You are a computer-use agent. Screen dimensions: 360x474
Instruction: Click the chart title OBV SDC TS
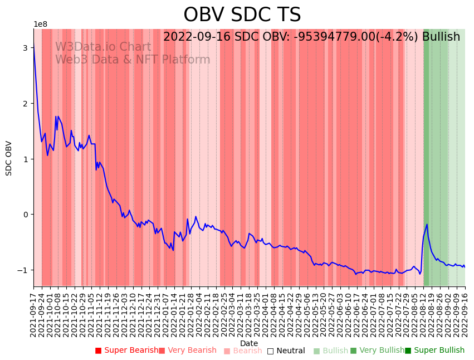[x=242, y=15]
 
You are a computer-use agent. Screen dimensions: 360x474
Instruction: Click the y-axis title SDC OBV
[x=9, y=158]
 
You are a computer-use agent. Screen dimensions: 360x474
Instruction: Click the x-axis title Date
[x=249, y=343]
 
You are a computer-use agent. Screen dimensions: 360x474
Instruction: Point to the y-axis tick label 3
[x=25, y=48]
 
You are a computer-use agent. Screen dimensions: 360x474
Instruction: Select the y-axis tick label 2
[x=25, y=104]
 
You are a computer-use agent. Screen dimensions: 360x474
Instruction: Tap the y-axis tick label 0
[x=25, y=215]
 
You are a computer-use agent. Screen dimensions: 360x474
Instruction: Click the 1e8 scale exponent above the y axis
[x=40, y=24]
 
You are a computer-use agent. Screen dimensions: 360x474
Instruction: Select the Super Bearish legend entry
[x=126, y=351]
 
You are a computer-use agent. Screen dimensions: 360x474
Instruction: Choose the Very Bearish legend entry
[x=187, y=351]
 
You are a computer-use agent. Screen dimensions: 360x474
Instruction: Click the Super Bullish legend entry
[x=434, y=351]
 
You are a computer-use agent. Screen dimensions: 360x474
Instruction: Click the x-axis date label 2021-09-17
[x=33, y=312]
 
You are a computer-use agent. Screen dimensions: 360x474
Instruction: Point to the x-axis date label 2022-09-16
[x=465, y=312]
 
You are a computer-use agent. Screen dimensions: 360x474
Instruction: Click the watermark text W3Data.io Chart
[x=102, y=47]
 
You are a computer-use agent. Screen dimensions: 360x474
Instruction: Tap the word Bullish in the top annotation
[x=441, y=37]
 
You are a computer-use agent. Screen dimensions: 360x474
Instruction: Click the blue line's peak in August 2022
[x=427, y=225]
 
